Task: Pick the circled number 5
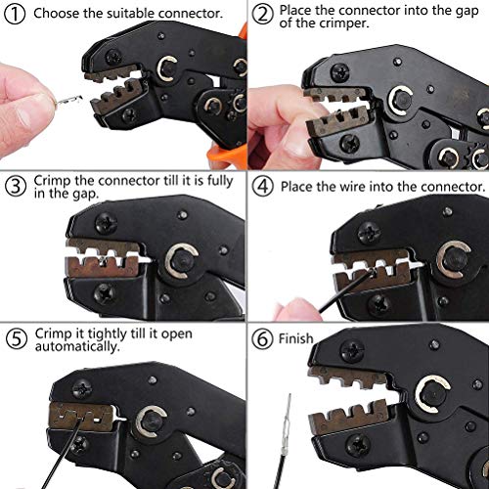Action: click(14, 338)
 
